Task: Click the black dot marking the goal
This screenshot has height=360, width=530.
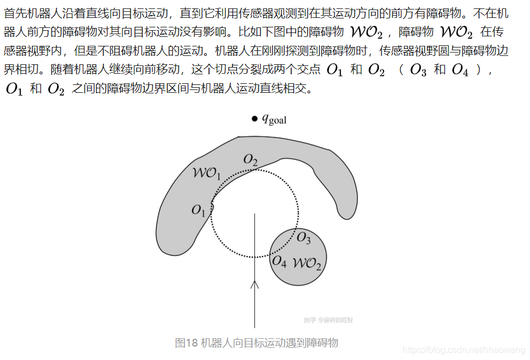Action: coord(254,119)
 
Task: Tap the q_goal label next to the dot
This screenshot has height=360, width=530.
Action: coord(274,119)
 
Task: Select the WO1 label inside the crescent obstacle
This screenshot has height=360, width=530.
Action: coord(206,173)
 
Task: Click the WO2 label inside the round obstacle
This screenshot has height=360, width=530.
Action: coord(307,263)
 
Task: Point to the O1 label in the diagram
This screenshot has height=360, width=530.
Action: coord(198,210)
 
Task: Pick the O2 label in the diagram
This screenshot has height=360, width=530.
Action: coord(250,162)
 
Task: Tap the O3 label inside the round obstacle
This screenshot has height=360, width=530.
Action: coord(303,238)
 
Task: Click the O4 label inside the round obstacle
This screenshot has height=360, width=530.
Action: coord(279,261)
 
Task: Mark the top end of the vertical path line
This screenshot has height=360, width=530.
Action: coord(255,214)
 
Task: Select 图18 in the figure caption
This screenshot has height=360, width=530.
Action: coord(186,343)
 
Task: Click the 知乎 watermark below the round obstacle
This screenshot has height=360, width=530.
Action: coord(310,320)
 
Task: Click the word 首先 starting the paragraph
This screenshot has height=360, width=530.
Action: coord(16,13)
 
